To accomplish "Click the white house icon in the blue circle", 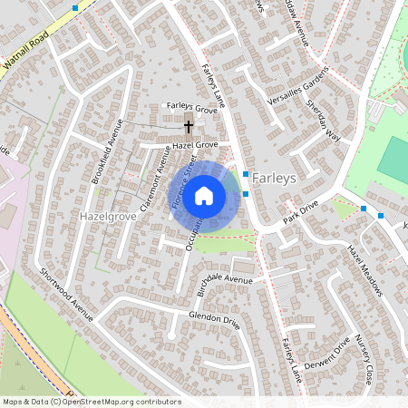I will tap(205, 195).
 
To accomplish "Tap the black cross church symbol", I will tap(189, 126).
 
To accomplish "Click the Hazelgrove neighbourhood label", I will tap(108, 219).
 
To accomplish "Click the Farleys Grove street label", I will tap(192, 108).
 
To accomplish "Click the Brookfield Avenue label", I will tap(106, 157).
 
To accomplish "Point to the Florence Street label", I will tap(185, 182).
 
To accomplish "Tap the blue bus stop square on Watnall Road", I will tap(74, 7).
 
